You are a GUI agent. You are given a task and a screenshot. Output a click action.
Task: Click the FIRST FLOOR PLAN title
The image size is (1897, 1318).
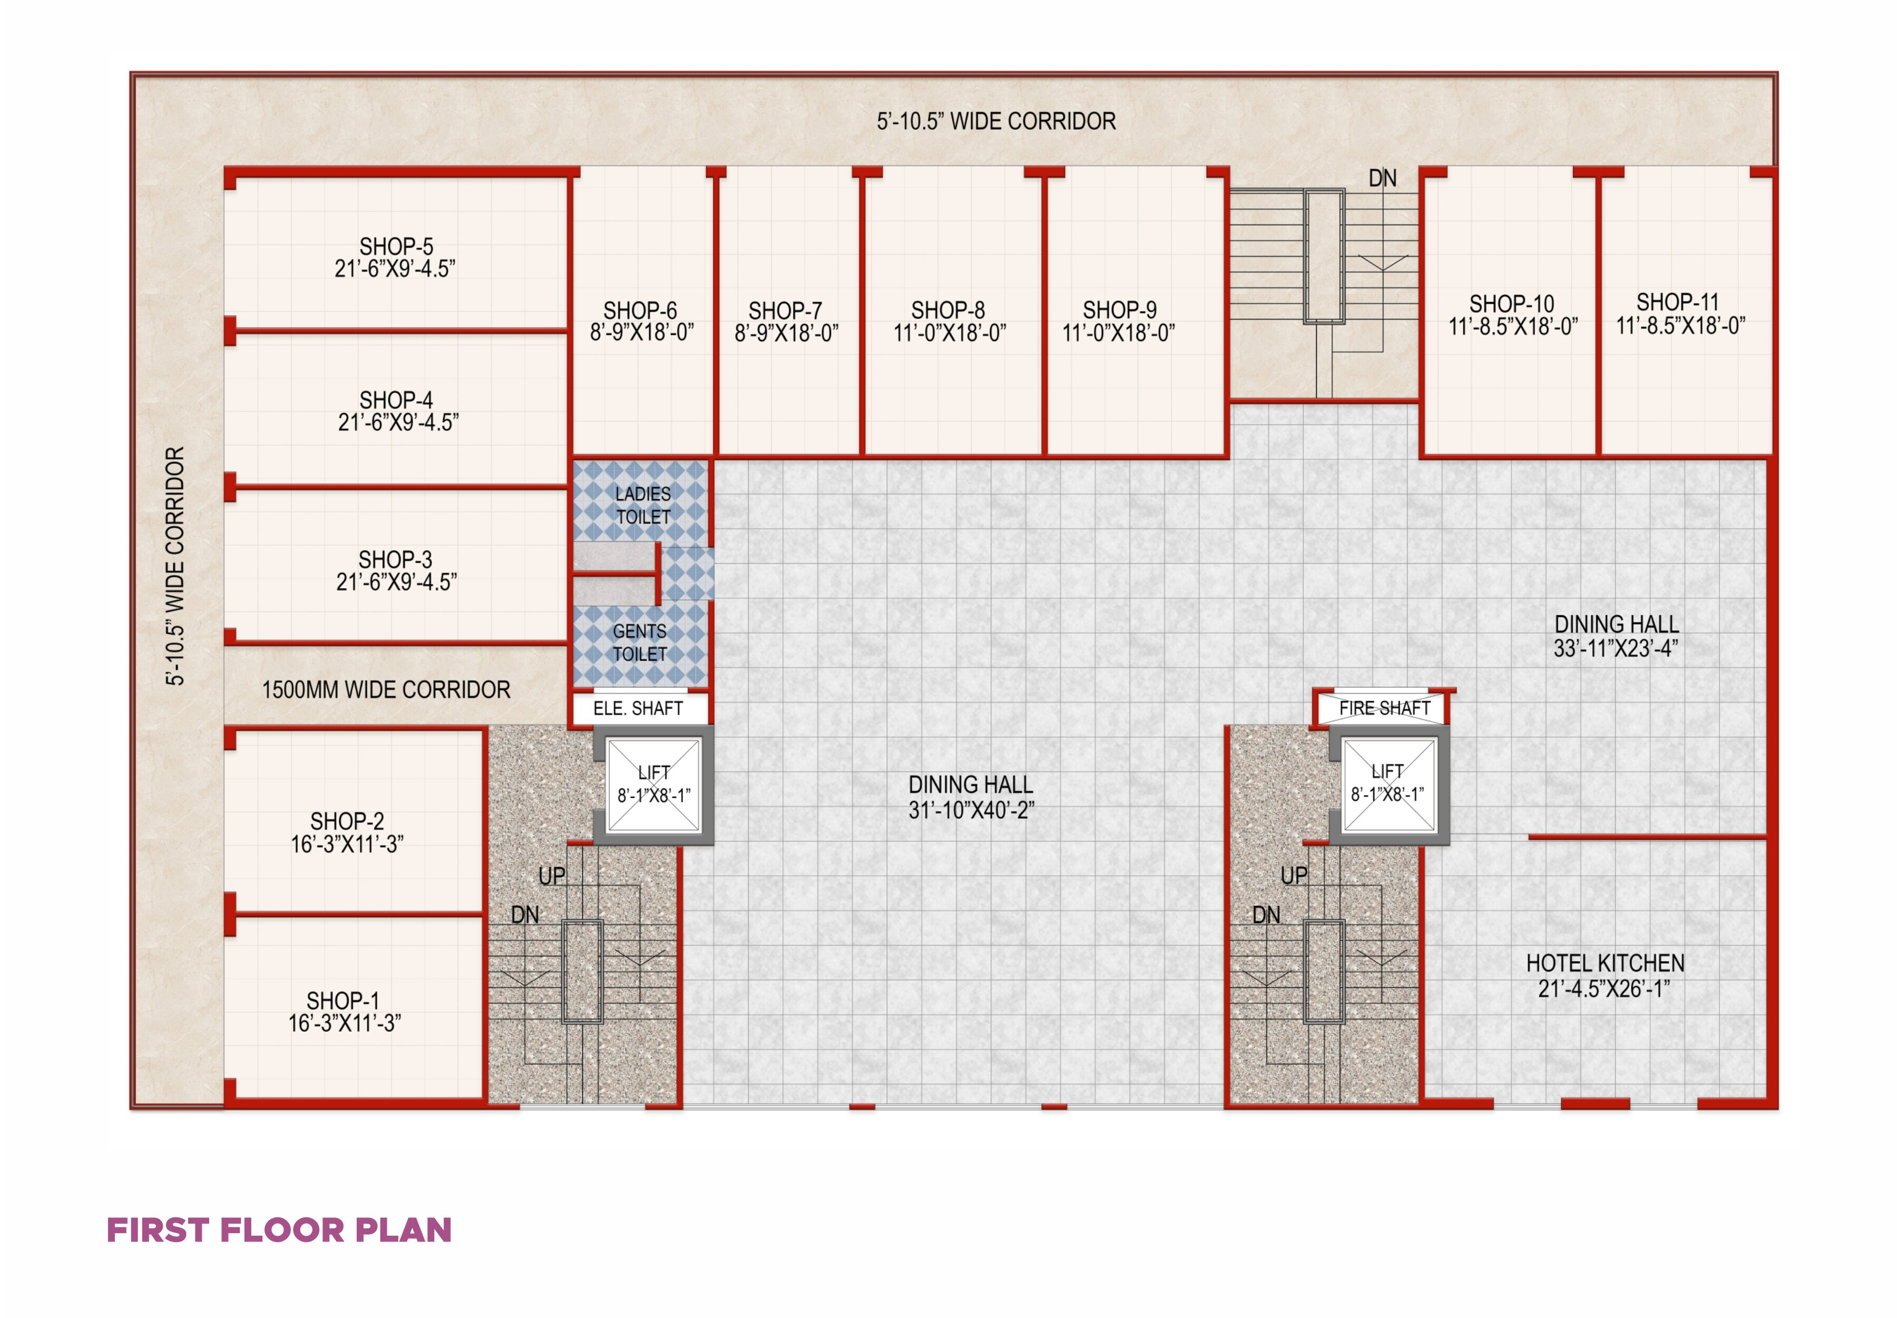[279, 1229]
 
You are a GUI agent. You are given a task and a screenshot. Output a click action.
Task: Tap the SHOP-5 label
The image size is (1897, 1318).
[395, 246]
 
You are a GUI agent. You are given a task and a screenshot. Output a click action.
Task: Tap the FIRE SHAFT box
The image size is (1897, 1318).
[1384, 708]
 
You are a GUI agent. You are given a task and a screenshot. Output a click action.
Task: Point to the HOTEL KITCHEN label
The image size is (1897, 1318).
[1605, 963]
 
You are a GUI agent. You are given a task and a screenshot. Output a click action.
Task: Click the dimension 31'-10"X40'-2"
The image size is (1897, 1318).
[971, 810]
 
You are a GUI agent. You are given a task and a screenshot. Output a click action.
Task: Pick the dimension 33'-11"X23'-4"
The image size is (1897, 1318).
[1616, 648]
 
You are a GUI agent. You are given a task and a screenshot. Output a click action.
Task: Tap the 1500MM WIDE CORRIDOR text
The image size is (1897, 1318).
[386, 690]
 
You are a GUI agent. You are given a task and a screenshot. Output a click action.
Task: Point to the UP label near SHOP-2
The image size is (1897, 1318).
[551, 875]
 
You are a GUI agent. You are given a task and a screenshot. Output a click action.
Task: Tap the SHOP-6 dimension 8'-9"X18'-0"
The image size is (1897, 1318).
[641, 332]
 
